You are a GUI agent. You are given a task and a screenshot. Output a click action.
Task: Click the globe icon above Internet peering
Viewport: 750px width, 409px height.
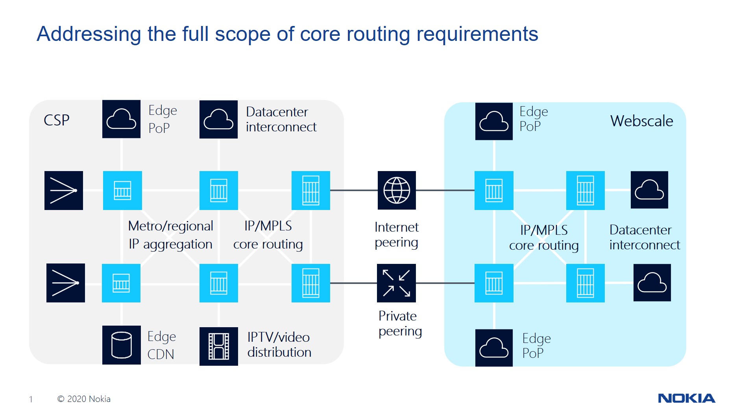pos(397,190)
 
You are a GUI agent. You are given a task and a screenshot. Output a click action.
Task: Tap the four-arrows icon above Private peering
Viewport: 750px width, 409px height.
pos(396,283)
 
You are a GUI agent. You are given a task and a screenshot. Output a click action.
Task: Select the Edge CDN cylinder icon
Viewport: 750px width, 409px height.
pos(122,345)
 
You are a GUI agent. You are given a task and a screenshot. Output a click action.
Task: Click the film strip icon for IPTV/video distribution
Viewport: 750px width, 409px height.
pos(218,346)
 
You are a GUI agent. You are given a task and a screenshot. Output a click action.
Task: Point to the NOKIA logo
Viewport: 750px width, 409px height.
pos(687,398)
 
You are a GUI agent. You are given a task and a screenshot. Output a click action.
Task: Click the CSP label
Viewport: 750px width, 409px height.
pos(57,120)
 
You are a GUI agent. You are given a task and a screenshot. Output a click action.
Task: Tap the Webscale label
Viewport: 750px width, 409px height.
pos(641,121)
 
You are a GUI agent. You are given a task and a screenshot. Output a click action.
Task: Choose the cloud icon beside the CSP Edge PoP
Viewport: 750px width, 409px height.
pos(121,119)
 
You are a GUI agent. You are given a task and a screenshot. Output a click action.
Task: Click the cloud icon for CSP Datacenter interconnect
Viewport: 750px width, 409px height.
pos(218,119)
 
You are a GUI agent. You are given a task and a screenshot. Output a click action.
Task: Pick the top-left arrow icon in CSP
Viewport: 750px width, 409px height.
pos(64,190)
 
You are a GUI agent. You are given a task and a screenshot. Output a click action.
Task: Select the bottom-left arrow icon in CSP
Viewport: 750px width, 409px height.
pos(66,283)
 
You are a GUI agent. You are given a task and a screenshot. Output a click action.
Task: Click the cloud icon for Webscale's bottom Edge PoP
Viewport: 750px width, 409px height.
pos(494,348)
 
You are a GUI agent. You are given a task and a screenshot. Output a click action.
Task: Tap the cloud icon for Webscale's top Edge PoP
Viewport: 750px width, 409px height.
pos(494,121)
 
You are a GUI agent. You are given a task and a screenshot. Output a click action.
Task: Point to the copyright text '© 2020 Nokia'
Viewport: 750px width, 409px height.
pos(84,399)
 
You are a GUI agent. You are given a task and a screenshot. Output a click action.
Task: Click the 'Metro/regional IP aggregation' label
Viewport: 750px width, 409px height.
pos(171,235)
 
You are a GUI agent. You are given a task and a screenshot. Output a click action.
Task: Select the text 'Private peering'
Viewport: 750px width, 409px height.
pos(400,324)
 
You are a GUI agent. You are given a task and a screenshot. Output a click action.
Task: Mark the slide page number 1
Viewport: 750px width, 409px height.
pos(31,399)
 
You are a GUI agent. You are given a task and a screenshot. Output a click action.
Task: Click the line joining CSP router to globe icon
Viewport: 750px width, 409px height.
pos(354,190)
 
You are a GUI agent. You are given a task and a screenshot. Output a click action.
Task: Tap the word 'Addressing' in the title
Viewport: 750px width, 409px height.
pos(89,35)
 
